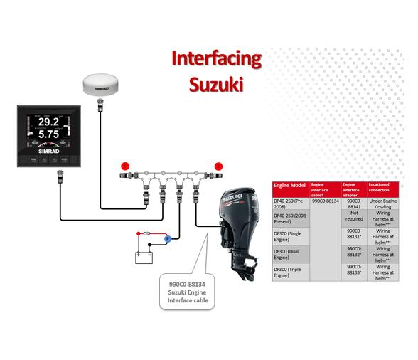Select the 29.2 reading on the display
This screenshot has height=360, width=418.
pos(48,121)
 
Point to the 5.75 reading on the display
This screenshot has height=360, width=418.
pos(48,134)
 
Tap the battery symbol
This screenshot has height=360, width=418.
pos(144,255)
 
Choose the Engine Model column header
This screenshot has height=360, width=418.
pos(289,185)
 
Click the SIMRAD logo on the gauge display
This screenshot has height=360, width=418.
pos(47,151)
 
